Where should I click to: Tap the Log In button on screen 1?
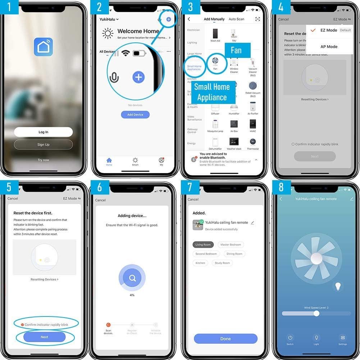point(43,132)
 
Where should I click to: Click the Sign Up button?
point(43,145)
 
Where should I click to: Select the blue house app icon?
point(43,47)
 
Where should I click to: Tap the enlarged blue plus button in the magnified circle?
point(138,77)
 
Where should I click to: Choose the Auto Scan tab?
point(236,19)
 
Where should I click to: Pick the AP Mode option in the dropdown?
point(329,46)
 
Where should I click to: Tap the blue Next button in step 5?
point(44,337)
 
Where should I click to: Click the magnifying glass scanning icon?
point(132,278)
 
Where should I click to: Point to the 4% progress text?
point(132,295)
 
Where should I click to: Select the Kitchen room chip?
point(200,263)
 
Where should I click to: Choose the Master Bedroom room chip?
point(231,245)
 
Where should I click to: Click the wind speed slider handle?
point(316,313)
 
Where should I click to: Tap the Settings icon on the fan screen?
point(343,338)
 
